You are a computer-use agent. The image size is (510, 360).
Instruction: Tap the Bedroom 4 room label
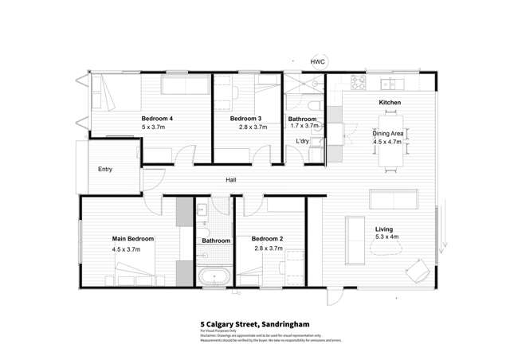[157, 119]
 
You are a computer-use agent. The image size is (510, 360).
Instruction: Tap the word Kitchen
[389, 104]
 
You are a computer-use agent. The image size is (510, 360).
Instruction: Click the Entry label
[105, 170]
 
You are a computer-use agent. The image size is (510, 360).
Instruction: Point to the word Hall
[230, 181]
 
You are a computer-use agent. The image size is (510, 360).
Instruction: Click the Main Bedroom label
[132, 238]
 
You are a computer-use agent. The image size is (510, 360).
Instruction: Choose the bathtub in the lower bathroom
[213, 278]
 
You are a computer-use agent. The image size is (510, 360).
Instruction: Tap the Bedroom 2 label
[266, 238]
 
